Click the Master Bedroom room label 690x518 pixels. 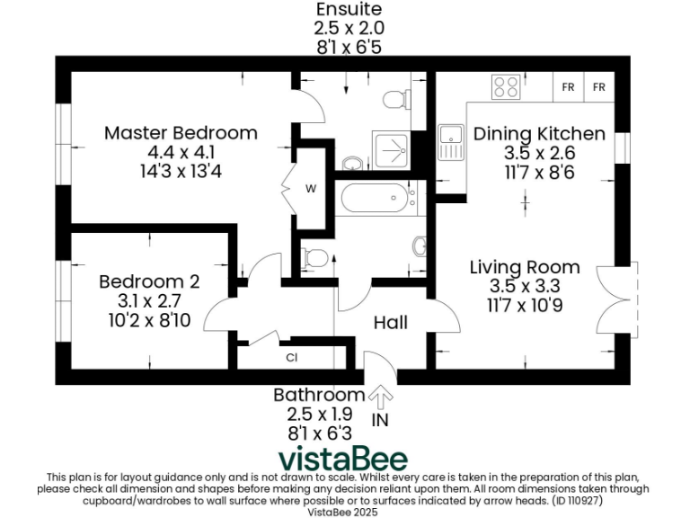(x=181, y=133)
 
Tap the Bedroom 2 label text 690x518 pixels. (x=149, y=281)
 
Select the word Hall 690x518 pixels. (x=391, y=322)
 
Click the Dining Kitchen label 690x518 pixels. (x=539, y=133)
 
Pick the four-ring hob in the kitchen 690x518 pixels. (x=506, y=87)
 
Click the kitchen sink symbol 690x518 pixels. (x=450, y=143)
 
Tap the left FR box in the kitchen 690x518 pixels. (x=568, y=87)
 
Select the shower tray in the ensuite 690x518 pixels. (x=392, y=147)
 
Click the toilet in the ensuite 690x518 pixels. (x=396, y=98)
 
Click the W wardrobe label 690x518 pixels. (x=310, y=189)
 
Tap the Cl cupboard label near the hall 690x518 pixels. (x=292, y=357)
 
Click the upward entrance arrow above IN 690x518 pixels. (x=381, y=397)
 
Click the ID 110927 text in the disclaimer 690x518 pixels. (x=616, y=499)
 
